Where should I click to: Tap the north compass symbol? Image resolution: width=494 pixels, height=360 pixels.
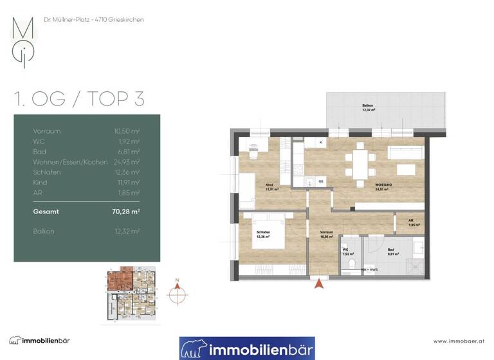178,293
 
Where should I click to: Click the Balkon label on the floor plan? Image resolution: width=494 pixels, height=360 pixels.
367,107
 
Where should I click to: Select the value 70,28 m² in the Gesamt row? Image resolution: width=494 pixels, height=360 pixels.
127,211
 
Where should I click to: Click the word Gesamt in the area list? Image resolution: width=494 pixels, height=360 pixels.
45,211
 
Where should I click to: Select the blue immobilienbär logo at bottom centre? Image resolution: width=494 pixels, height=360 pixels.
247,348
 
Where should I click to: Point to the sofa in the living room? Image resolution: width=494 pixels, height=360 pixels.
405,151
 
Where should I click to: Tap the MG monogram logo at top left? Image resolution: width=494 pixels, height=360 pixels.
24,41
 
